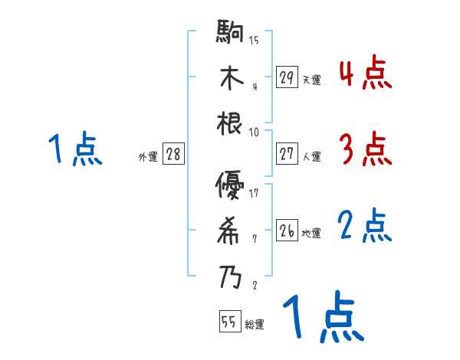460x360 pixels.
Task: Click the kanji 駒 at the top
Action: coord(230,35)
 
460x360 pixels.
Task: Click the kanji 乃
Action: coord(230,274)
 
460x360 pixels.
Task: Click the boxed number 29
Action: coord(287,77)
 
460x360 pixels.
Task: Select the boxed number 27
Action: coord(287,154)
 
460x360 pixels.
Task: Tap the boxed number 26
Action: coord(287,231)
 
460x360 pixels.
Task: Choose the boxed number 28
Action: coord(174,155)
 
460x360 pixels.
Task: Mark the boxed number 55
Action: coord(229,322)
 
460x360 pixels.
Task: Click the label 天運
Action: coord(311,80)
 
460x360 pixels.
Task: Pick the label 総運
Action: coord(255,325)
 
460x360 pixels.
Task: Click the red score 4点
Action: coord(365,74)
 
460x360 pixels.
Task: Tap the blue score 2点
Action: coord(365,226)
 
